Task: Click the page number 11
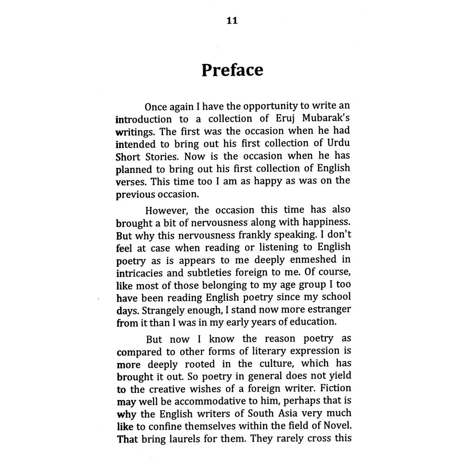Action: point(232,21)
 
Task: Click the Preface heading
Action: point(232,70)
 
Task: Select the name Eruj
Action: point(282,118)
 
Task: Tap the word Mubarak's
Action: point(326,118)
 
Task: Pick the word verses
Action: point(131,180)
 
